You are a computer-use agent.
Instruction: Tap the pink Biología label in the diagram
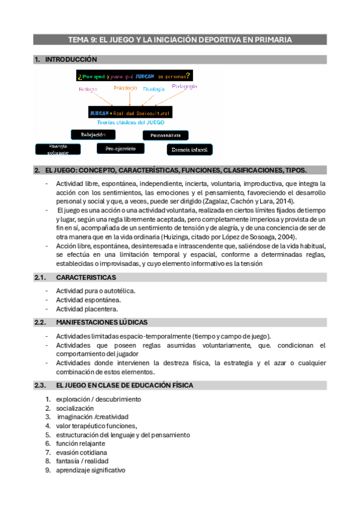(x=88, y=90)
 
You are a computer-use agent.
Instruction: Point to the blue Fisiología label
(x=154, y=89)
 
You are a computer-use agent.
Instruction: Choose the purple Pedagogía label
(x=184, y=87)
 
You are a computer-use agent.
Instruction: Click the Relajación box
(x=93, y=134)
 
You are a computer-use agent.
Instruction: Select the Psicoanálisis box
(x=165, y=135)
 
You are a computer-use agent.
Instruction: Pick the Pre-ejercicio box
(x=121, y=148)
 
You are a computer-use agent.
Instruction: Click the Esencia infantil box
(x=189, y=149)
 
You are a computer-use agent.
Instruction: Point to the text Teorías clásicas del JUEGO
(x=130, y=122)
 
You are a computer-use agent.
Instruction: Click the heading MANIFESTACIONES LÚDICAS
(x=102, y=322)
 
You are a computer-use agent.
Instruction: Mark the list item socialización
(x=75, y=408)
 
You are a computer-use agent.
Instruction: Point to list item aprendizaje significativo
(x=91, y=470)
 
